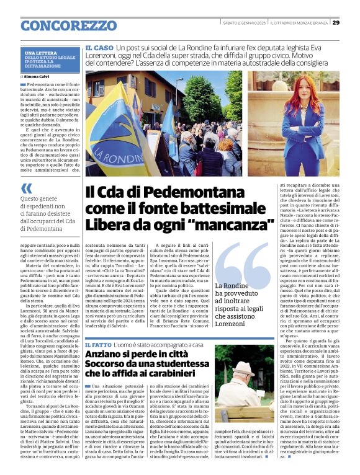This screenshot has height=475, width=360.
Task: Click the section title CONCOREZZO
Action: tap(68, 25)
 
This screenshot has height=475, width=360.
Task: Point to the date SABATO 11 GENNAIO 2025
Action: tap(245, 22)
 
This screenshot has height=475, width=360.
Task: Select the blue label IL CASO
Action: tap(99, 47)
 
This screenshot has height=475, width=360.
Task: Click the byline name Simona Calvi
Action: tap(39, 76)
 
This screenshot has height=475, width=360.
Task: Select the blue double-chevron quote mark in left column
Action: tap(26, 187)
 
